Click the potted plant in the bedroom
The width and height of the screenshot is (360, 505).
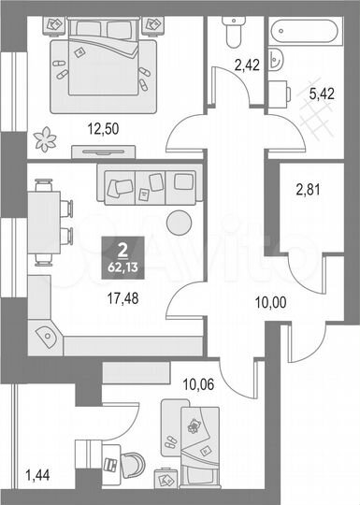tap(45, 140)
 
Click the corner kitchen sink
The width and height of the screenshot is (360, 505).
tap(48, 332)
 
